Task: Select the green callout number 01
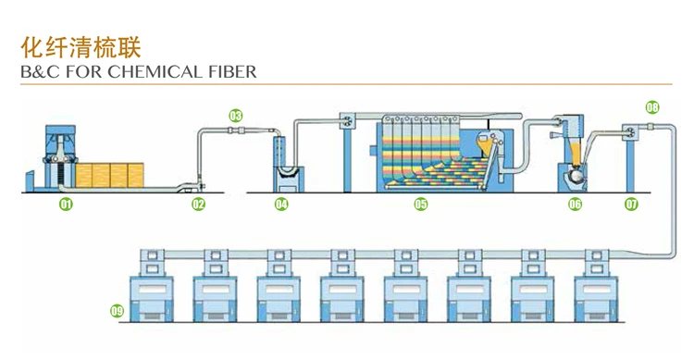(x=65, y=205)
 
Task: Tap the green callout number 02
(x=198, y=205)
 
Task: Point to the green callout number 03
(x=235, y=116)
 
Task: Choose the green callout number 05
(x=421, y=205)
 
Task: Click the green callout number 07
(x=631, y=205)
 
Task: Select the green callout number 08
(x=652, y=107)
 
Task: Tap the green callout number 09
(x=117, y=311)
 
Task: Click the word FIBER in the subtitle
(x=232, y=71)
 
